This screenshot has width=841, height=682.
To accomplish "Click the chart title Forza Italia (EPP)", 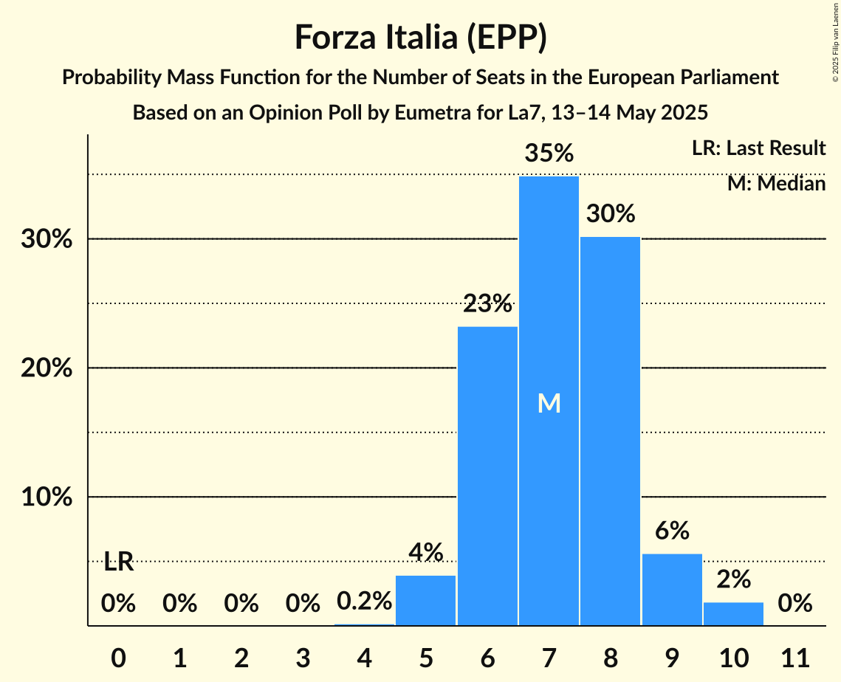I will (x=420, y=37).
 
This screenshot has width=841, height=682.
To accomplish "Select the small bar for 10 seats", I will (x=733, y=614).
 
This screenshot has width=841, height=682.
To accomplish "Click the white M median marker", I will (x=549, y=403).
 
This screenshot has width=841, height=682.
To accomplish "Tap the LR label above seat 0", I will (x=118, y=562).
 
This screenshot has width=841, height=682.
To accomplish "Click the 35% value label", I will (x=549, y=154).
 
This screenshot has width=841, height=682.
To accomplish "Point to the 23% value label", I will (x=487, y=303).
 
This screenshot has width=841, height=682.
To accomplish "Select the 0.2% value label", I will (x=364, y=602).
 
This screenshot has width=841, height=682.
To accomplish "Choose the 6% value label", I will (x=672, y=530).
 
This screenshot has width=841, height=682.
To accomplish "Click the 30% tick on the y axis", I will (x=45, y=240).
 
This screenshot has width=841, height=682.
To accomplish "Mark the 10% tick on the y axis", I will (x=45, y=497).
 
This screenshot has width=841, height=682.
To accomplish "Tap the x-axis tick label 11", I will (x=795, y=655).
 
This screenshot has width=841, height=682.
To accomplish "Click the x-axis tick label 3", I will (x=303, y=655).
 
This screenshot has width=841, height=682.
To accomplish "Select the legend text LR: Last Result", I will (x=758, y=148).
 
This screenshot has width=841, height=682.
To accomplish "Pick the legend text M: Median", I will (x=776, y=183).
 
